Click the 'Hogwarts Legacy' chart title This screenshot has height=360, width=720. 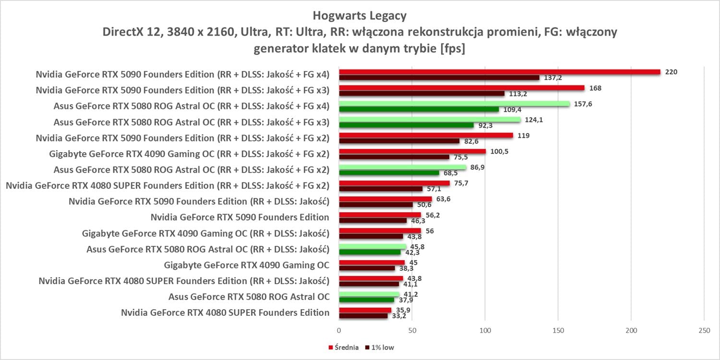(360, 16)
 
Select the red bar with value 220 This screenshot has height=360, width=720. (500, 72)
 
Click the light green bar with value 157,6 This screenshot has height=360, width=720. (454, 104)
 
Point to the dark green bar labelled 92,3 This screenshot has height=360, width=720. (406, 125)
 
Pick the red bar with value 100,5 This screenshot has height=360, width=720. (412, 152)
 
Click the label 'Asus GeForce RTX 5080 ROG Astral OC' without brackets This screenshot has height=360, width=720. (249, 297)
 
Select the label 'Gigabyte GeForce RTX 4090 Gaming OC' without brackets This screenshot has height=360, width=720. (246, 265)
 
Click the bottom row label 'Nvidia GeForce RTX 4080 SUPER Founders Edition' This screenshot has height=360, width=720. (225, 312)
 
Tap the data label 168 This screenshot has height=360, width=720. (596, 88)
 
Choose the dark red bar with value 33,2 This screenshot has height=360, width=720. (363, 316)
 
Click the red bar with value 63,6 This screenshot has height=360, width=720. (385, 199)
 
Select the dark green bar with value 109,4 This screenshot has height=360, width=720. (419, 109)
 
